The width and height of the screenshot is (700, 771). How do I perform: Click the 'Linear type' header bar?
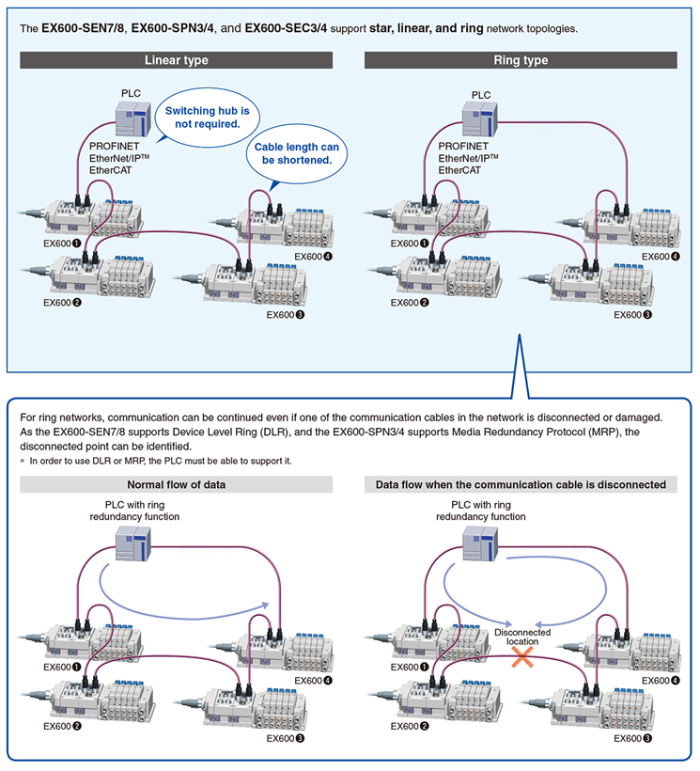(x=176, y=60)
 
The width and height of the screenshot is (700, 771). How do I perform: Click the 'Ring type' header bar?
(x=521, y=60)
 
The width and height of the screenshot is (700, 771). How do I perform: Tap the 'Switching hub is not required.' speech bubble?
(x=207, y=118)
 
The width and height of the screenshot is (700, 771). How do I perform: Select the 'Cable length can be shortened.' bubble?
(x=297, y=153)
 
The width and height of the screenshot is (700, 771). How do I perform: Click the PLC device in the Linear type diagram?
(x=133, y=118)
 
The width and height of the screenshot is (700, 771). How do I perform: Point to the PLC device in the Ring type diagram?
(x=480, y=118)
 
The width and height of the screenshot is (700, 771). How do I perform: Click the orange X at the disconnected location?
(x=522, y=656)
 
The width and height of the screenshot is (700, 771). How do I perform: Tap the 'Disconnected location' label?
(x=522, y=637)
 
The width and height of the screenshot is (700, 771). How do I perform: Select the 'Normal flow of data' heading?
(x=176, y=484)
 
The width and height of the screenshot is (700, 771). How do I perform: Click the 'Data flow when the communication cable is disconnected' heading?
(x=521, y=484)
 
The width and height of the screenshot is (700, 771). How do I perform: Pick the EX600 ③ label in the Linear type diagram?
(x=286, y=315)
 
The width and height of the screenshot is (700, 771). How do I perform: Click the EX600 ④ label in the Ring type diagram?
(x=661, y=256)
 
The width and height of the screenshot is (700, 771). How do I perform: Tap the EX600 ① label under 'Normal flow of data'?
(x=62, y=667)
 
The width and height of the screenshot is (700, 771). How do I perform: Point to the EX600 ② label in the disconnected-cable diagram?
(x=410, y=726)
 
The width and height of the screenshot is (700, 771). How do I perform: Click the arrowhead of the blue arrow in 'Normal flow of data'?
(x=266, y=605)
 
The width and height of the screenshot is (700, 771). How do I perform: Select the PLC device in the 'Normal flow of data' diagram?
(x=133, y=543)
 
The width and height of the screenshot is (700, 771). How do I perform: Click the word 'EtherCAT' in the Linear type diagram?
(x=111, y=170)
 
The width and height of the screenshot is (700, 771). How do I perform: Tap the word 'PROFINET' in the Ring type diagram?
(x=463, y=146)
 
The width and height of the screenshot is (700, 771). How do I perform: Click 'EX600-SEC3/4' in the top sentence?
(x=286, y=28)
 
